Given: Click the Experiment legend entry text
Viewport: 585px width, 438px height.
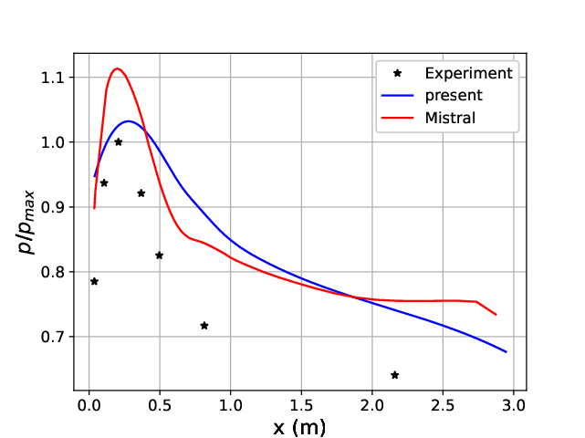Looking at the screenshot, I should click(x=468, y=73).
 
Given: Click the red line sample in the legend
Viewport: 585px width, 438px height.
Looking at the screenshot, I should click(x=400, y=117).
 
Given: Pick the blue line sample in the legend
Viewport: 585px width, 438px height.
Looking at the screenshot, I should click(x=400, y=95).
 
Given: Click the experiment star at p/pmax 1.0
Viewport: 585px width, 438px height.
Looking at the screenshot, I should click(x=118, y=141).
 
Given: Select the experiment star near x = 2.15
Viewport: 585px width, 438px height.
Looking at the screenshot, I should click(x=394, y=375).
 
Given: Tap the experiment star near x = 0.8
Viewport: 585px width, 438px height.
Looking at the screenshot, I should click(x=204, y=326).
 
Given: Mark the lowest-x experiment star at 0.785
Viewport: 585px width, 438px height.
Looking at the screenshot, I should click(x=94, y=281).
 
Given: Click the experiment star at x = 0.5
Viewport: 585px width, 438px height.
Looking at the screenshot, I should click(x=159, y=255).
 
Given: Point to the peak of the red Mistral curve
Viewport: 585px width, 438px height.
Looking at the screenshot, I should click(x=117, y=68).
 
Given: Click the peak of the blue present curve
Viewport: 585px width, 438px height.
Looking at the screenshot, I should click(x=129, y=120).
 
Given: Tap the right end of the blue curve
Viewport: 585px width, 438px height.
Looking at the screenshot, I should click(x=506, y=351).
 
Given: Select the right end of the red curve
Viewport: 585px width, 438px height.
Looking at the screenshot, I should click(x=496, y=315).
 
